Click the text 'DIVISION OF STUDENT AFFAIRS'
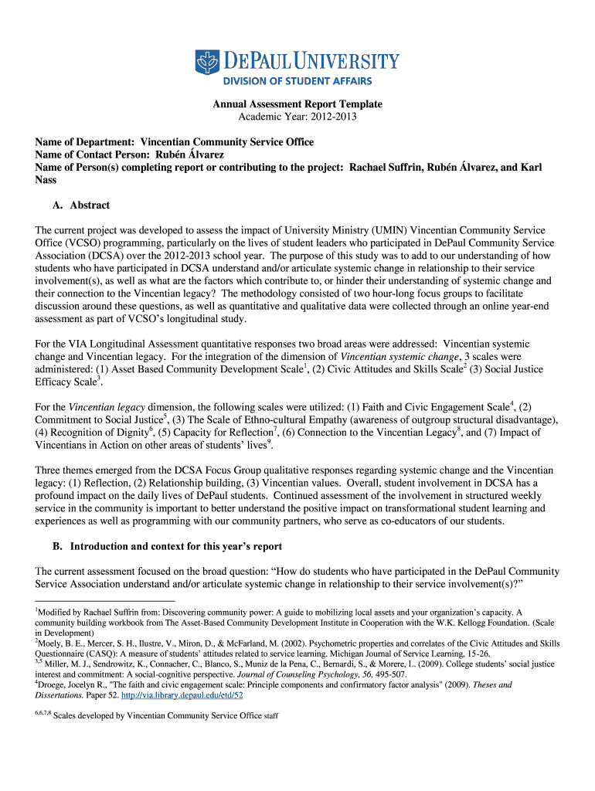click(x=297, y=81)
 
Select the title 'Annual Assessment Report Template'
click(x=297, y=104)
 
